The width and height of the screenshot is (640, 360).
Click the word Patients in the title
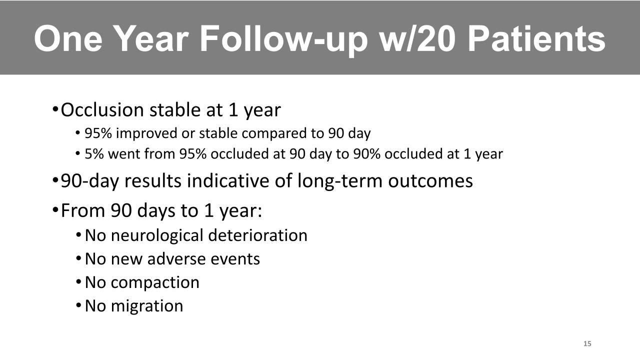point(536,38)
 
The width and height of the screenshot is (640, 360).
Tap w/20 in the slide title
point(416,38)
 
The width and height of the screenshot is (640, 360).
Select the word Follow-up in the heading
point(283,40)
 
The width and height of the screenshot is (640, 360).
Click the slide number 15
point(587,343)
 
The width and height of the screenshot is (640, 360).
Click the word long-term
point(339,181)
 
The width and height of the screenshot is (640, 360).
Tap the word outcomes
point(430,181)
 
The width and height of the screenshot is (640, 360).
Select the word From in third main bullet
point(83,210)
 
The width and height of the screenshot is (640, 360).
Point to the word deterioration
point(257,235)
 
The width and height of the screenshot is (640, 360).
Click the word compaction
point(155,283)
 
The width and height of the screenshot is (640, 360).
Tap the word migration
point(147,306)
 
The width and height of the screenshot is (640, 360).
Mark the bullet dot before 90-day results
point(55,180)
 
